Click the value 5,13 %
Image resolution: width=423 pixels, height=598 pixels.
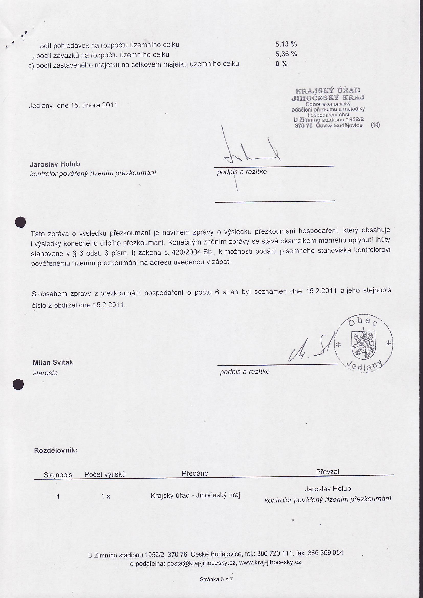[x=286, y=44]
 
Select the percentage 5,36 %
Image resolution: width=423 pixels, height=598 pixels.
[x=286, y=54]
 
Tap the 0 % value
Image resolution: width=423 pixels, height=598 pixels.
[x=281, y=64]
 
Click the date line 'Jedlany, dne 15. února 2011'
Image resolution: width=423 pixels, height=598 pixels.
[x=73, y=105]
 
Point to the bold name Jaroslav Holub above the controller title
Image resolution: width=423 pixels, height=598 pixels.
[x=55, y=164]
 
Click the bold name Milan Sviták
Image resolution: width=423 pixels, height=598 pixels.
[x=53, y=362]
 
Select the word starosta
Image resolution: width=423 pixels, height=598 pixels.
[x=45, y=373]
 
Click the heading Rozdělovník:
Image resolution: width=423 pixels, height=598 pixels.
[x=56, y=450]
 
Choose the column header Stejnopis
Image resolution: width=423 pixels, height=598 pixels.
[x=58, y=474]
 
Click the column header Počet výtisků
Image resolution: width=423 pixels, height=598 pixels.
[x=105, y=474]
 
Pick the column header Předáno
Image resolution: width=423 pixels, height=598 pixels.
[x=195, y=473]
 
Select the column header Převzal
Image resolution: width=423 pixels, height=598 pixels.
[x=327, y=472]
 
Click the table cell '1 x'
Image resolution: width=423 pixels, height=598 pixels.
[x=105, y=497]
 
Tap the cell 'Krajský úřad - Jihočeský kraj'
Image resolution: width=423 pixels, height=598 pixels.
[x=195, y=495]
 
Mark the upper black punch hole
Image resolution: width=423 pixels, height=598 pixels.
[x=20, y=222]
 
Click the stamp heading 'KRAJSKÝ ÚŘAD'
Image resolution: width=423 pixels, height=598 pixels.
[x=328, y=91]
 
